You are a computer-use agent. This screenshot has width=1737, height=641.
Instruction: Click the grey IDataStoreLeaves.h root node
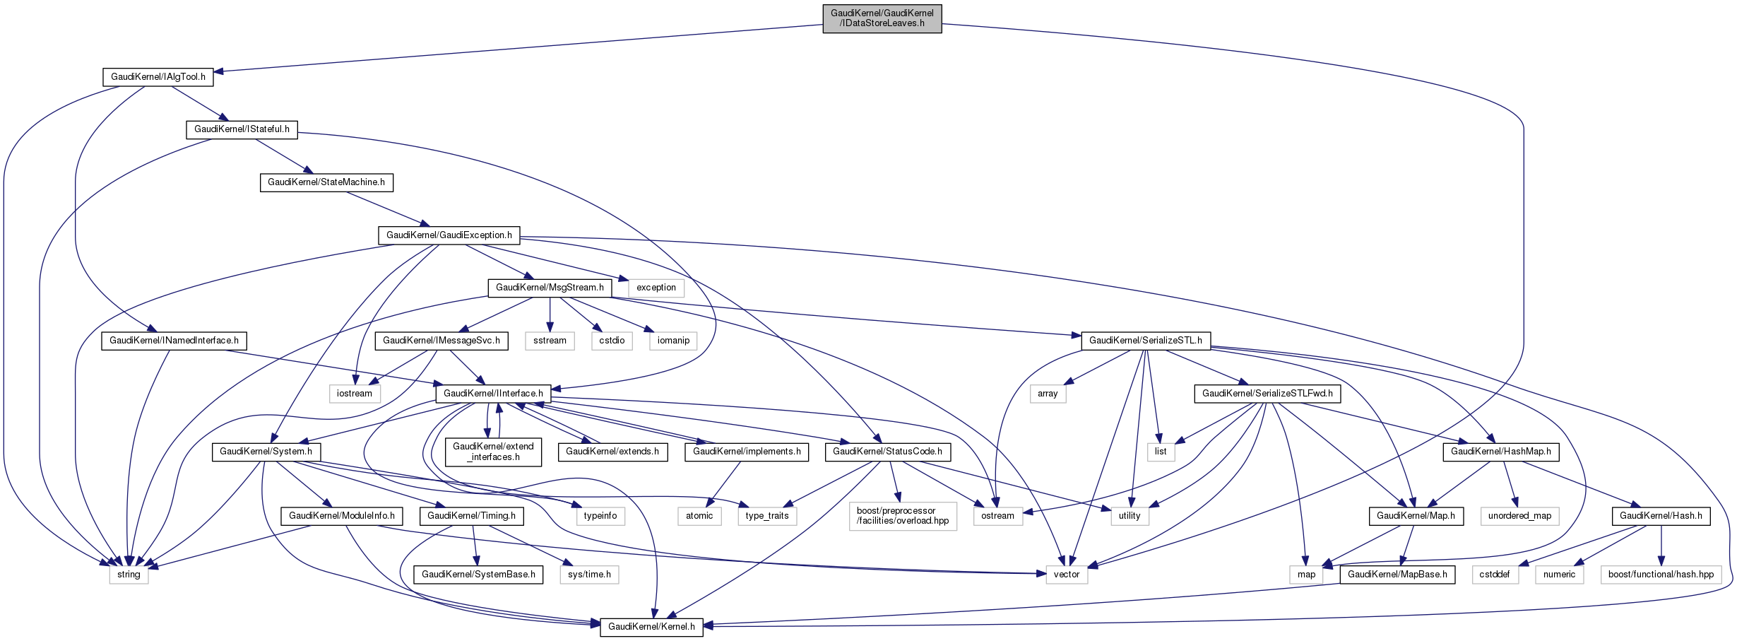[x=882, y=18]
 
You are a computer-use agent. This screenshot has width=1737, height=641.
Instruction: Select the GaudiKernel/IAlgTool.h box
[x=158, y=77]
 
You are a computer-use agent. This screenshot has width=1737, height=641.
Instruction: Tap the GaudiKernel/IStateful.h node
[x=242, y=129]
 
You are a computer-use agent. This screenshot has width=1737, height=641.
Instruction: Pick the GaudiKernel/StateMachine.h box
[x=326, y=182]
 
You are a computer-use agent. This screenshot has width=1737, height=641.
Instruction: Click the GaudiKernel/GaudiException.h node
[x=449, y=235]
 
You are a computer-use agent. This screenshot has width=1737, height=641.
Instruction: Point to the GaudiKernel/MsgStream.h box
[x=550, y=288]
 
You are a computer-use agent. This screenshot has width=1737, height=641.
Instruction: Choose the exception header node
[x=656, y=288]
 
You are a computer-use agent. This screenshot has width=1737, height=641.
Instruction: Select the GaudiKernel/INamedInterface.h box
[x=174, y=341]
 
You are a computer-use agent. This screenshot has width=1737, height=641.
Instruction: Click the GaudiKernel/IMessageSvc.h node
[x=441, y=341]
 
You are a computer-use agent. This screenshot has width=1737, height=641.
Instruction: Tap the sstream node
[x=550, y=341]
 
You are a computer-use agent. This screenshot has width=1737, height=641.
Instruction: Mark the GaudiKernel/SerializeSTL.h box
[x=1145, y=341]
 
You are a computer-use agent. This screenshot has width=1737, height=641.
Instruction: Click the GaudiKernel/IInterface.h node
[x=493, y=394]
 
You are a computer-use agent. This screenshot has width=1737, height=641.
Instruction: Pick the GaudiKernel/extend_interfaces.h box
[x=493, y=452]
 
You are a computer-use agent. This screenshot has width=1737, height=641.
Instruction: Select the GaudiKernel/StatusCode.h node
[x=887, y=452]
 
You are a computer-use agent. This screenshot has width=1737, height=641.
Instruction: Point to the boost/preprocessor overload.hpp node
[x=903, y=516]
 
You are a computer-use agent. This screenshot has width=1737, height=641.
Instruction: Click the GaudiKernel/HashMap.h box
[x=1500, y=452]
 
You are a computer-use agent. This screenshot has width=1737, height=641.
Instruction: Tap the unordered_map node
[x=1519, y=516]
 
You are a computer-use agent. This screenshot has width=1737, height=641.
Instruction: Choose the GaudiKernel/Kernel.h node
[x=651, y=627]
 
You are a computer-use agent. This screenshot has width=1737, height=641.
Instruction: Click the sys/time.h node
[x=589, y=575]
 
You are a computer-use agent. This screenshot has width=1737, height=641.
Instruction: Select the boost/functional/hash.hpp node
[x=1661, y=575]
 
